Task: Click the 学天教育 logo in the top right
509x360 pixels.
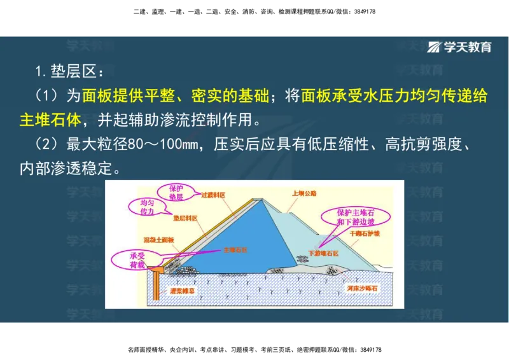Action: [459, 46]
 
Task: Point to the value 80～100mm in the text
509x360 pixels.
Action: [164, 144]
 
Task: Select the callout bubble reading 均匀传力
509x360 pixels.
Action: [147, 207]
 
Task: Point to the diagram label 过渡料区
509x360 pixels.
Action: [213, 195]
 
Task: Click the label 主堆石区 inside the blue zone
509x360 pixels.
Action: [234, 251]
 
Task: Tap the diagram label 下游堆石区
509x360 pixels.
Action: [323, 253]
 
